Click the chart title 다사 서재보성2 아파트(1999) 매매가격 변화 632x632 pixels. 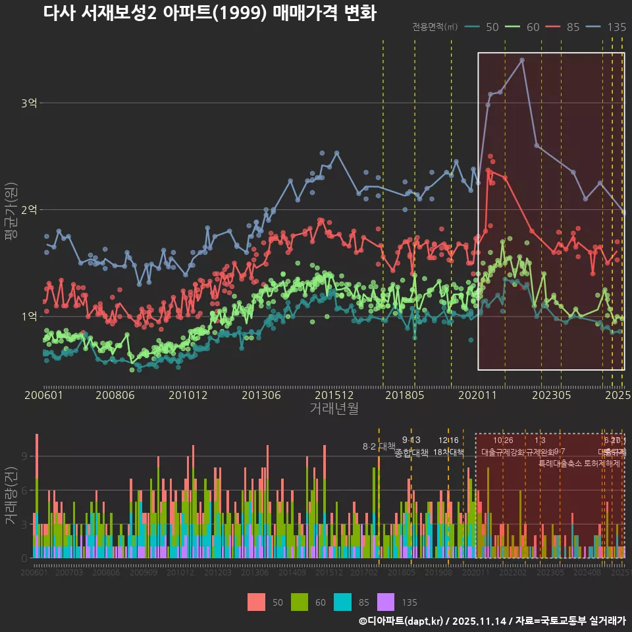point(209,13)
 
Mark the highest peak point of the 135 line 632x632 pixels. point(522,60)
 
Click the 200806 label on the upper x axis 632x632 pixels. point(116,395)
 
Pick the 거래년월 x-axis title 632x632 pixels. point(334,408)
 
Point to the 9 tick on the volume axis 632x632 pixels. point(25,456)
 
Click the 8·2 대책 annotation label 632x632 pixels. point(379,446)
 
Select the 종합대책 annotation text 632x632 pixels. point(411,452)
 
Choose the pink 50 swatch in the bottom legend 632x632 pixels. point(257,602)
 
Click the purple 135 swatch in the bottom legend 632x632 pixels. point(386,602)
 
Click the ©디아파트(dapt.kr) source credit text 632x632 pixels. point(402,621)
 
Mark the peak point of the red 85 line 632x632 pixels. point(488,170)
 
